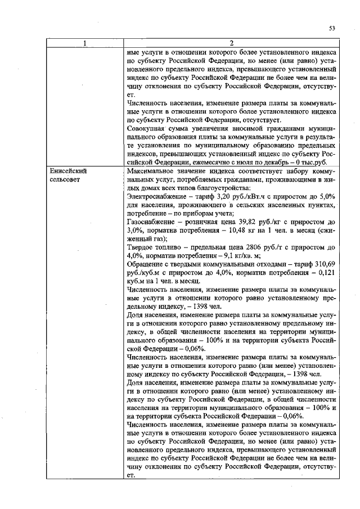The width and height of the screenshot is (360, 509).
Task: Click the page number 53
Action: coord(332,28)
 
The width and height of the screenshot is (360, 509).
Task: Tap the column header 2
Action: coord(232,43)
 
